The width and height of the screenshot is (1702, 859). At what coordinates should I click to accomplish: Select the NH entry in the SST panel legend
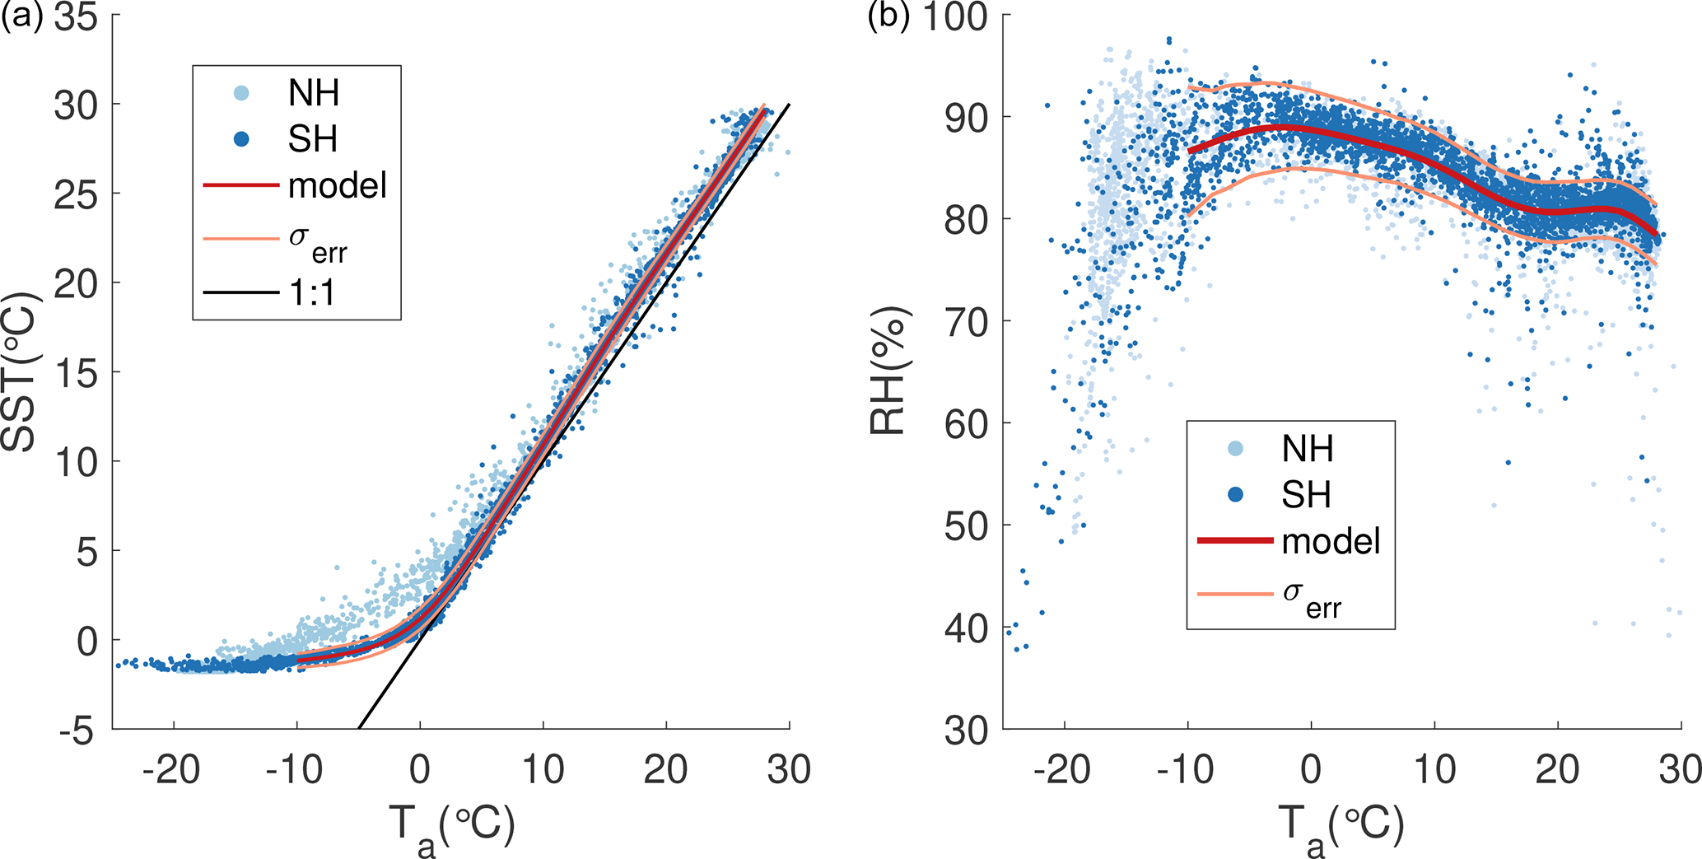(x=313, y=93)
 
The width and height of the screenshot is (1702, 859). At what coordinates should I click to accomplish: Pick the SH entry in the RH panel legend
(x=1307, y=495)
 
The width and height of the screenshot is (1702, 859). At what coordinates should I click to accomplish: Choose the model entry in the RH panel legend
(x=1331, y=541)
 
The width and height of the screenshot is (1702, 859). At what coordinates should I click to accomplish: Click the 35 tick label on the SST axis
(x=76, y=18)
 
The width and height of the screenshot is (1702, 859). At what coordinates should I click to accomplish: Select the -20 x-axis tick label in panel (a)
(x=172, y=770)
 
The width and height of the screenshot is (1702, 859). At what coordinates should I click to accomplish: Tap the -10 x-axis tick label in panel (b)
(x=1187, y=770)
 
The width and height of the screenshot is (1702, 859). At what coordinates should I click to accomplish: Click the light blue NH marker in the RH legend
(x=1235, y=449)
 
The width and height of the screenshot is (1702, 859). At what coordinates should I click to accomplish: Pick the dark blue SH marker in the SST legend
(x=241, y=139)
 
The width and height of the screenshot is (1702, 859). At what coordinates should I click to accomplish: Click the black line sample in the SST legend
(x=241, y=292)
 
